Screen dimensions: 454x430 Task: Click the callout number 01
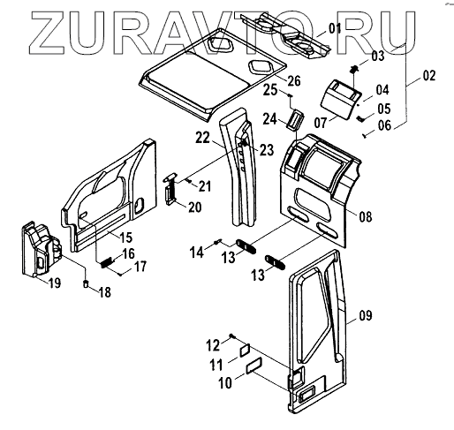point(335,28)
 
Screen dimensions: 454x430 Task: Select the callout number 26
point(294,81)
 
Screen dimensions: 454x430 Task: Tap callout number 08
point(366,217)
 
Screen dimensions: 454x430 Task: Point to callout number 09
point(366,315)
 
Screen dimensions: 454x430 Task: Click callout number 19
point(54,283)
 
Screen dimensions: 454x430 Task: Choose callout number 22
point(203,138)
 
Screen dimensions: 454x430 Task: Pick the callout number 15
point(125,238)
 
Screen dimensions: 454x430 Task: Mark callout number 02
point(429,76)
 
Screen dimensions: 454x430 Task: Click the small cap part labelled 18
point(86,284)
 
